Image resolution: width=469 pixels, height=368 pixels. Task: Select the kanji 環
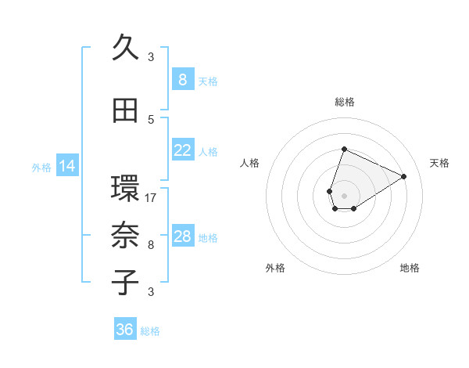tap(126, 189)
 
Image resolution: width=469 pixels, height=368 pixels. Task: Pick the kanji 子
tap(126, 283)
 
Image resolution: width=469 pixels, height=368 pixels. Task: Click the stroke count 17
tap(151, 197)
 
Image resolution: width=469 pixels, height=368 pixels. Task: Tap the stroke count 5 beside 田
tap(151, 119)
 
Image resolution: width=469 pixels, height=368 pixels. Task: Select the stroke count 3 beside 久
tap(151, 56)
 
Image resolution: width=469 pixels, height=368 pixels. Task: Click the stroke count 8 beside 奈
tap(151, 244)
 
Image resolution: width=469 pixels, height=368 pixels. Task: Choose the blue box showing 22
tap(182, 151)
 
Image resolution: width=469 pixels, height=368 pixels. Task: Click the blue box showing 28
tap(182, 237)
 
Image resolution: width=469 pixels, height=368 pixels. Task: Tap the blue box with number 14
tap(67, 166)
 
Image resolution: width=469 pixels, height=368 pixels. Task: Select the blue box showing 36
tap(125, 330)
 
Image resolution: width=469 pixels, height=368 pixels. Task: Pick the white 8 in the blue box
tap(182, 80)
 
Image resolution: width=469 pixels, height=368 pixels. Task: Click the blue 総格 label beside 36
tap(150, 331)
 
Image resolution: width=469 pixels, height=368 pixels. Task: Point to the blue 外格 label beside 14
tap(41, 167)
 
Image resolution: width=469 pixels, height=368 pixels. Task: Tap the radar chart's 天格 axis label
tap(439, 163)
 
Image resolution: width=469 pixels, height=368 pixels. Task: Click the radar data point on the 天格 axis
tap(403, 176)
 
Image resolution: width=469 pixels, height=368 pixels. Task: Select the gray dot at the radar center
tap(344, 195)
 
